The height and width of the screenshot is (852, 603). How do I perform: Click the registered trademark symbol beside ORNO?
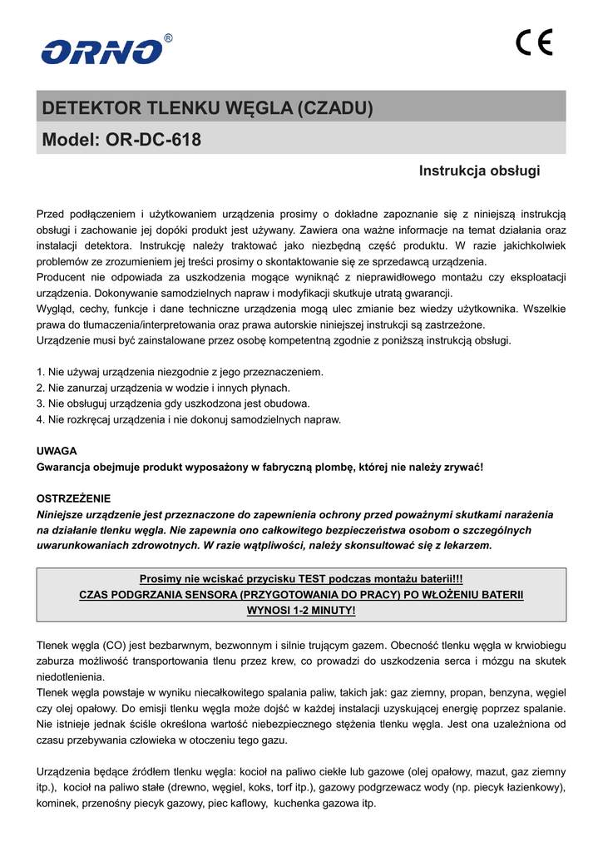tap(169, 38)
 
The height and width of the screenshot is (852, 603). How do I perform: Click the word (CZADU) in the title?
tap(335, 108)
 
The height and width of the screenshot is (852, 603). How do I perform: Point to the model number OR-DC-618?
tap(154, 140)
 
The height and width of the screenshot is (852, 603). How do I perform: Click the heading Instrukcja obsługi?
tap(479, 171)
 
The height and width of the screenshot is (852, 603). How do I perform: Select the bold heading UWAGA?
tap(57, 450)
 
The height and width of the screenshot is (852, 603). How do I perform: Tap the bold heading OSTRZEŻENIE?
tap(73, 498)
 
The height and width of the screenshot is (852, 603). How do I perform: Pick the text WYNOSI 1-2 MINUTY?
tap(301, 610)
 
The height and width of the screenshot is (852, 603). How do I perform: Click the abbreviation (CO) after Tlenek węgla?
tap(114, 645)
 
